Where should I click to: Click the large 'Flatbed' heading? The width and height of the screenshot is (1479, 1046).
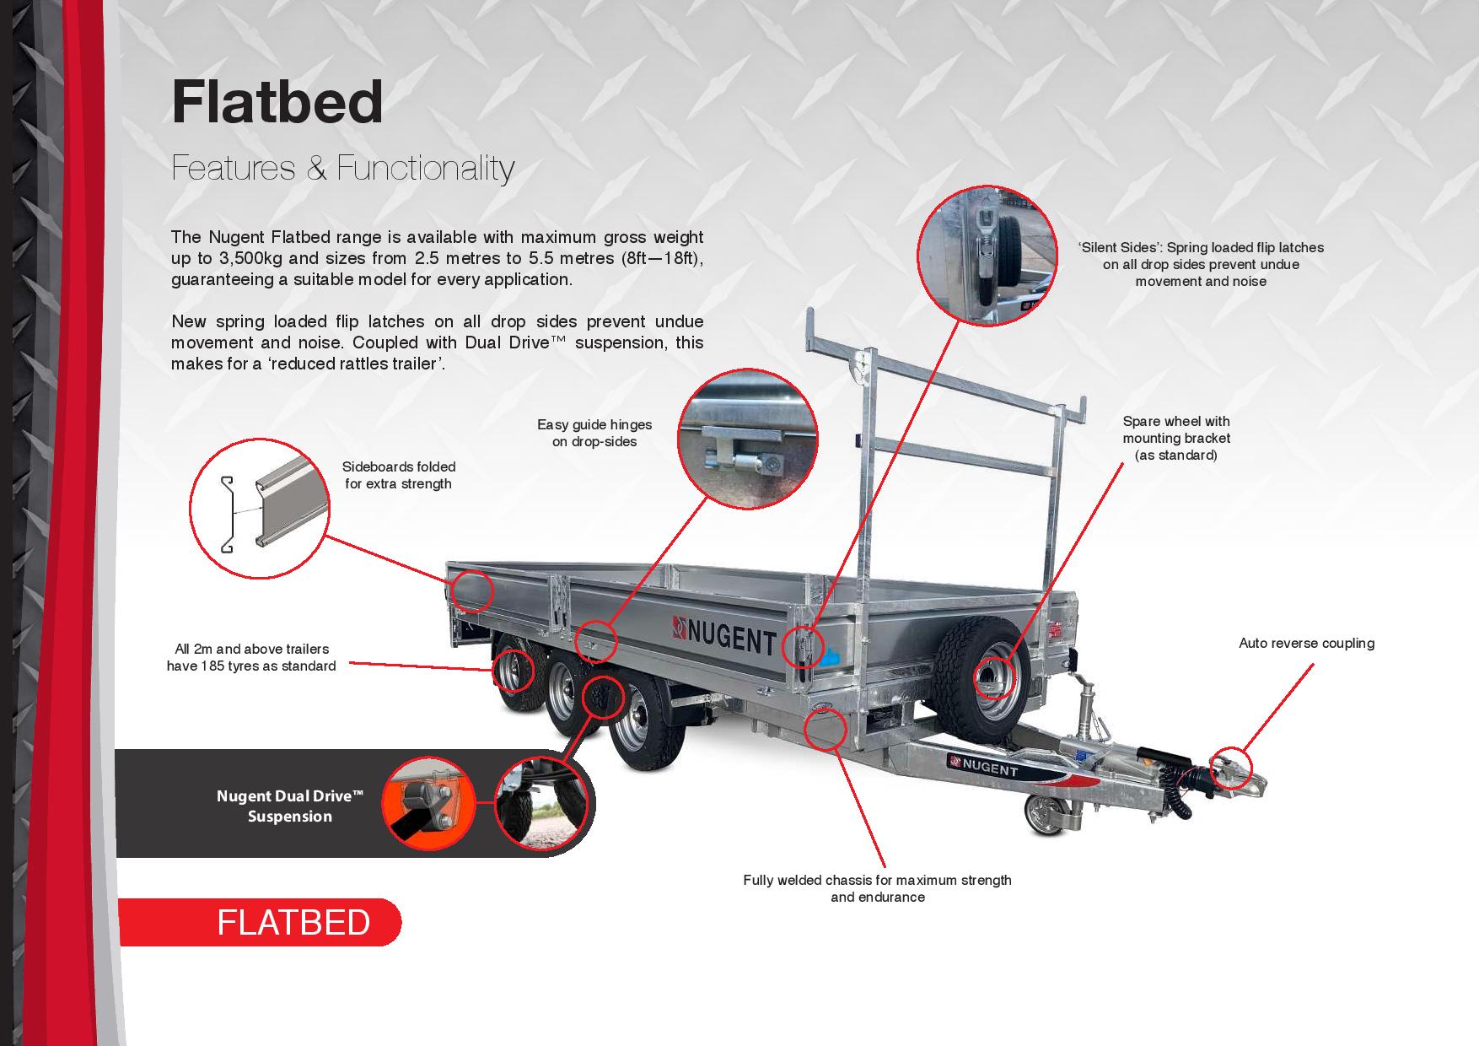277,102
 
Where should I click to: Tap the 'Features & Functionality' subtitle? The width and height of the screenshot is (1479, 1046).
342,168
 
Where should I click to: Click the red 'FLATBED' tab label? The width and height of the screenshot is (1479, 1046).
293,922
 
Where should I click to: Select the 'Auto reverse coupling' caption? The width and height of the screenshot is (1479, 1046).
1306,643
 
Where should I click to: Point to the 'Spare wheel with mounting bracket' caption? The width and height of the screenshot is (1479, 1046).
1176,438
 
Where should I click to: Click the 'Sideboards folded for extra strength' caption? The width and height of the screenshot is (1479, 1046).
399,475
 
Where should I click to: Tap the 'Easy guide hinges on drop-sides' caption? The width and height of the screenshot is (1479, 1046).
594,433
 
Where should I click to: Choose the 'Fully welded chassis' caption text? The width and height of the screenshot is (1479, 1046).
877,888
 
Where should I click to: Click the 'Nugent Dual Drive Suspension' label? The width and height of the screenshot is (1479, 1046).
290,806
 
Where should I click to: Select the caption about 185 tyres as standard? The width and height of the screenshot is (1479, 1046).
251,657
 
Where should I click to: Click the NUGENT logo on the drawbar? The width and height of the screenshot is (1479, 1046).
982,766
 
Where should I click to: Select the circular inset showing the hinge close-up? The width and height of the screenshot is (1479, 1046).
748,439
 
